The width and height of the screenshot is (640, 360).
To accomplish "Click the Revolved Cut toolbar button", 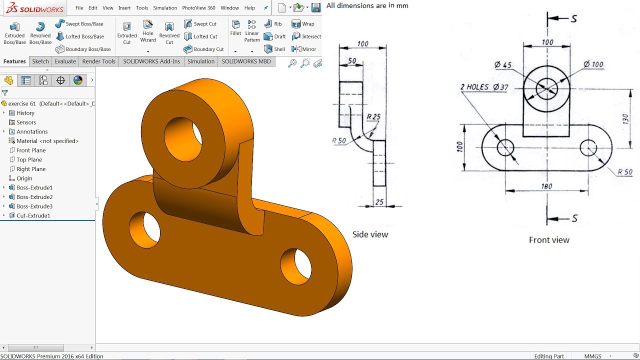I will pos(169,32).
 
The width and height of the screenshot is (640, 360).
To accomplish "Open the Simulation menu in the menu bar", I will pos(165,8).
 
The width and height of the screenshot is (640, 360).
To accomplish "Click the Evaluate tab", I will pos(65,61).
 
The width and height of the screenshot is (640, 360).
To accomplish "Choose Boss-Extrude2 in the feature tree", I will pos(34,197).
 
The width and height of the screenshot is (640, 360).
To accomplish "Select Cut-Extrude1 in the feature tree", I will pos(33,215).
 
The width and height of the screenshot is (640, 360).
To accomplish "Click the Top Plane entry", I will pos(29,159).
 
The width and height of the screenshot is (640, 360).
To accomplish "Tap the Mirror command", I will pos(304,49).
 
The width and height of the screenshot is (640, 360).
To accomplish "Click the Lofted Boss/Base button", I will pos(80,36).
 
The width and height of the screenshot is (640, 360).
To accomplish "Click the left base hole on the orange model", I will pos(145,227).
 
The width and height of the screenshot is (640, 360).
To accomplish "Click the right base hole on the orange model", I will pos(296,265).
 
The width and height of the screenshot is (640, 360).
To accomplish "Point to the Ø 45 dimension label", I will pos(503,65).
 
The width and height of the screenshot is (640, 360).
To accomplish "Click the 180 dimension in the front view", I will pos(546,186).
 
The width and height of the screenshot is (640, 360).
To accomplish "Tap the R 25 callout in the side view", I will pos(373,117).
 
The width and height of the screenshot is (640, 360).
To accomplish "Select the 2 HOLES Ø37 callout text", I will pos(484,87).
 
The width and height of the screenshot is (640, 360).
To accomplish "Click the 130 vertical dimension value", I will pos(625,119).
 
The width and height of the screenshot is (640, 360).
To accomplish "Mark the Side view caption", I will pos(370,234).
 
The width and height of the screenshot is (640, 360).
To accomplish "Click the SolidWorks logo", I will pos(32,8).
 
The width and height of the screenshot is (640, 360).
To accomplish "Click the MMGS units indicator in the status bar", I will pos(593,356).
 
